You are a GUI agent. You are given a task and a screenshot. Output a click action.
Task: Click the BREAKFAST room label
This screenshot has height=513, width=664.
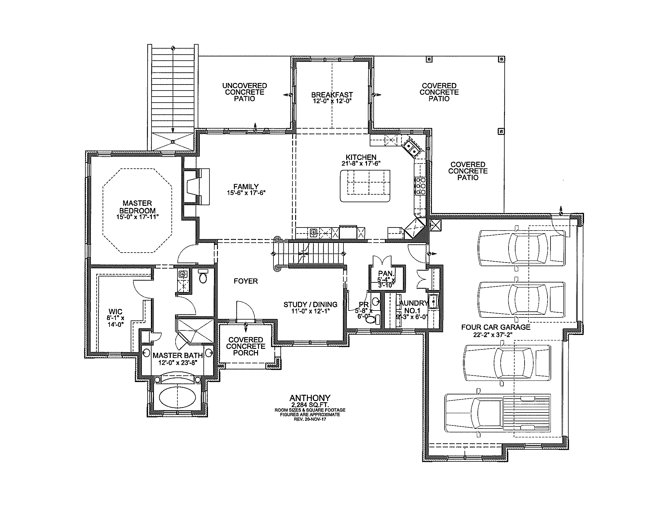coord(332,95)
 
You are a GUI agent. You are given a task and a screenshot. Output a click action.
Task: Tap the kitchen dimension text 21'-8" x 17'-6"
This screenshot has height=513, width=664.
coord(361,164)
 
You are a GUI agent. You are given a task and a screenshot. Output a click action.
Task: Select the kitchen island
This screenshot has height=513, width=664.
coord(365,186)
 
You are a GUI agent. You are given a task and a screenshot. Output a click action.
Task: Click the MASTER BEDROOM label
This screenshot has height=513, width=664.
coord(137,207)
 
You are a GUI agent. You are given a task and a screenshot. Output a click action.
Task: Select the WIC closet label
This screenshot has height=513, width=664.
coord(116,311)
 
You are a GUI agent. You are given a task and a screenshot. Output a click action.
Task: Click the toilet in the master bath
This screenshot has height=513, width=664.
coord(203,276)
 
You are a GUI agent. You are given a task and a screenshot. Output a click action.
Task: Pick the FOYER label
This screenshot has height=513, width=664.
coord(246,281)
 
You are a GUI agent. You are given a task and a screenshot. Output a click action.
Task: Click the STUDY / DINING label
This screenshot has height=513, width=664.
coord(310,304)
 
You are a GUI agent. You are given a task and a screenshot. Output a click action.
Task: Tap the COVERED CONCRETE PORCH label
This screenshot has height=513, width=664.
coord(246,346)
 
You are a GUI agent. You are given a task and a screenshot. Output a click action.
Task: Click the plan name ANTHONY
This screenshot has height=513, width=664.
coord(310,398)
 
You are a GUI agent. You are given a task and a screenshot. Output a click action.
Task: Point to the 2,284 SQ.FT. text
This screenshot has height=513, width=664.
coord(310,405)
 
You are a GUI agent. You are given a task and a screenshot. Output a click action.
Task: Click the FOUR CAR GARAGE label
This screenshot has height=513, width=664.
coord(496,327)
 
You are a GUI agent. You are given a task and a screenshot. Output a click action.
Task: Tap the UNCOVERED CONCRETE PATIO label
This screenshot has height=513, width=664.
coord(244,92)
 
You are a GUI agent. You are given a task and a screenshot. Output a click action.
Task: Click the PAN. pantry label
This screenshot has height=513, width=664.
coord(386,273)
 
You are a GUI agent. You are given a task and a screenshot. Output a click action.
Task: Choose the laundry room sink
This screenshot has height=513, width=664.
coord(433,301)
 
